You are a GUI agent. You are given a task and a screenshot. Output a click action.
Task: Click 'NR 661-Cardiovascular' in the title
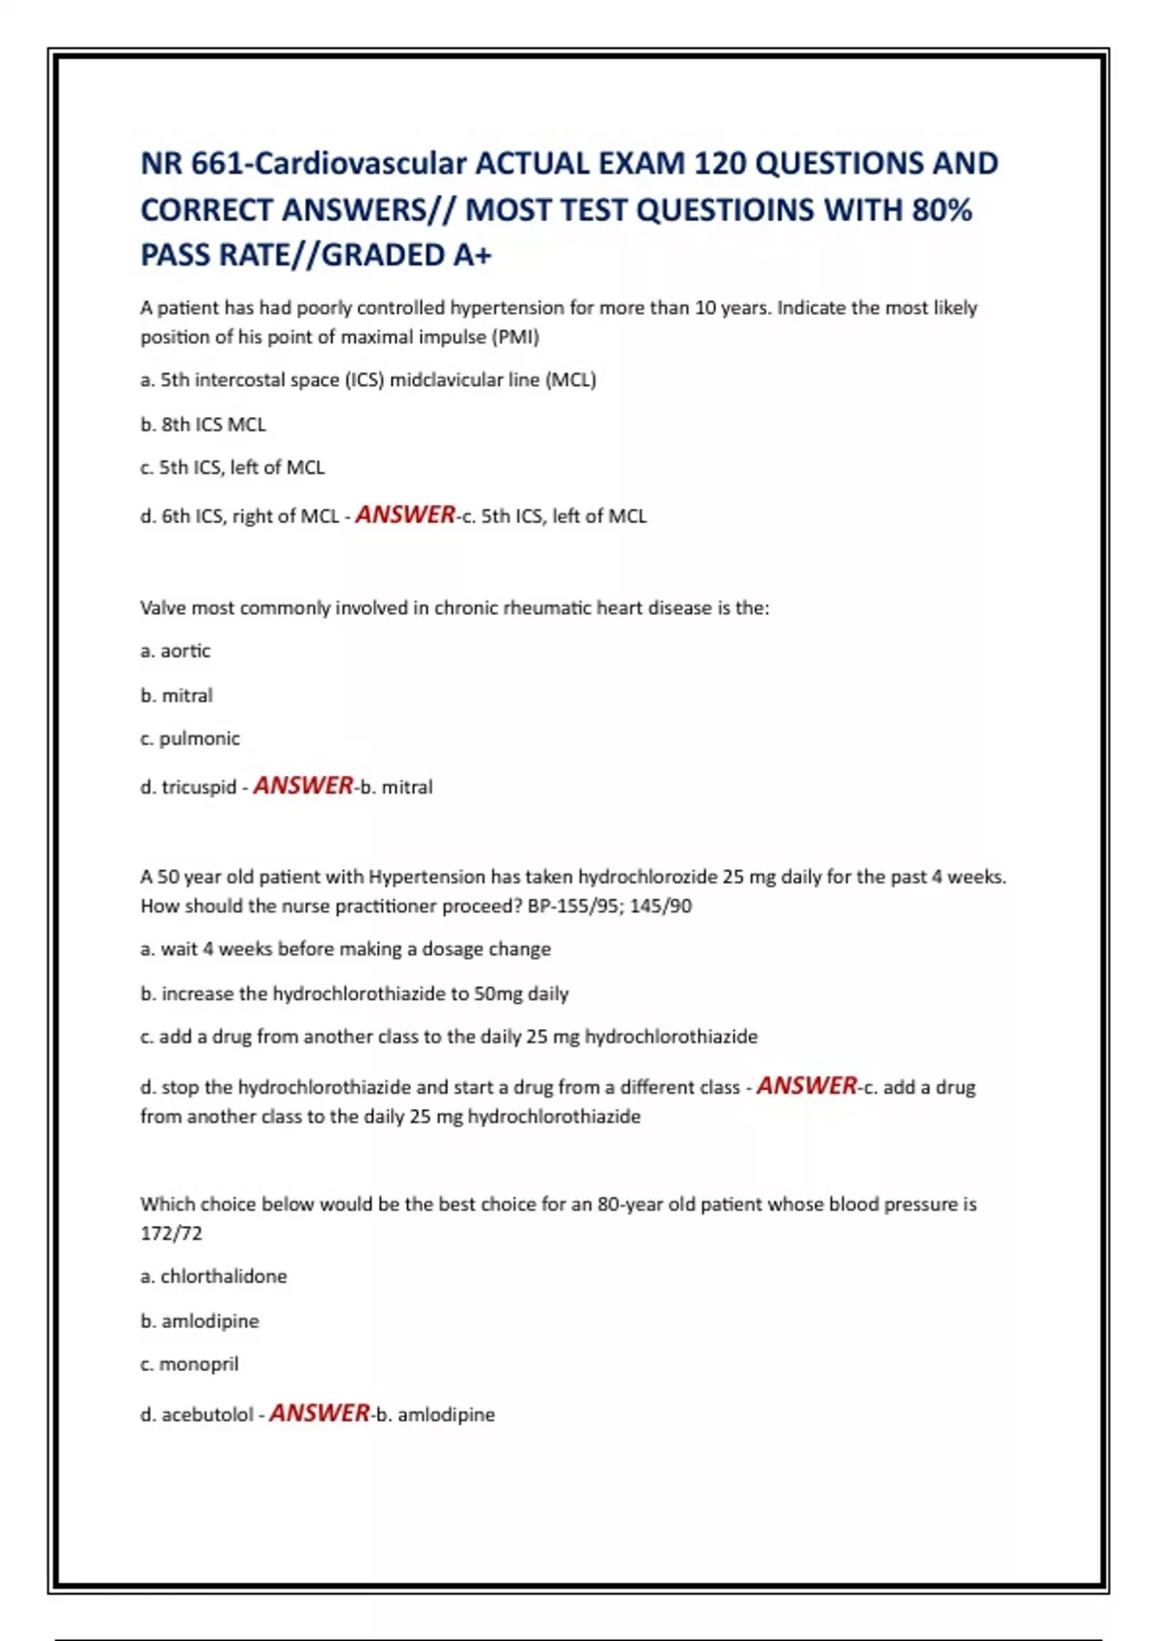(x=304, y=163)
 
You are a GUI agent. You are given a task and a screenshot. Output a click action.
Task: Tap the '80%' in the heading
(x=942, y=209)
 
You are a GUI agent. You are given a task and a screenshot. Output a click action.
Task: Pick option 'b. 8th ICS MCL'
(x=203, y=424)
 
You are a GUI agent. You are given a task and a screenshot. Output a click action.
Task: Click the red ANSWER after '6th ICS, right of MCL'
(x=405, y=515)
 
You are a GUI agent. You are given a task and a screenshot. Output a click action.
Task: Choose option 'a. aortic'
(x=175, y=651)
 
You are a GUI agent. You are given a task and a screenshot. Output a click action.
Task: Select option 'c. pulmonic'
(x=189, y=738)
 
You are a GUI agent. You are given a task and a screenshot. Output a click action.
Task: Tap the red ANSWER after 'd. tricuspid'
(x=303, y=786)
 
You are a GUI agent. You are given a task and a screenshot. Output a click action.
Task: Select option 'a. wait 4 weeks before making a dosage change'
(x=345, y=949)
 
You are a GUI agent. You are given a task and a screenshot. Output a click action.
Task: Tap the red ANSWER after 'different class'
(x=807, y=1086)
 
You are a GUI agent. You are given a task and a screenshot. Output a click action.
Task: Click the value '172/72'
(x=171, y=1233)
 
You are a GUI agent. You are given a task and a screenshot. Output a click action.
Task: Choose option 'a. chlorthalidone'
(x=213, y=1276)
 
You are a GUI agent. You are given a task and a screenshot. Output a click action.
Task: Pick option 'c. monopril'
(x=189, y=1364)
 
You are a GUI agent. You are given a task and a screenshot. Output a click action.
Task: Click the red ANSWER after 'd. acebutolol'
(x=319, y=1413)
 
